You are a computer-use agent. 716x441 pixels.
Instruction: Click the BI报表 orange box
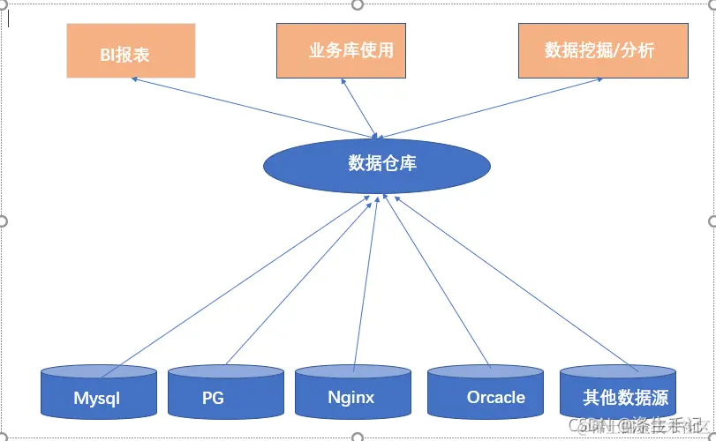[131, 51]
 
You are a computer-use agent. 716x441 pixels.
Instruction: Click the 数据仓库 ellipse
[377, 164]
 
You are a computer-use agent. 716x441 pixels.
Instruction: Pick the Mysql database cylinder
[99, 392]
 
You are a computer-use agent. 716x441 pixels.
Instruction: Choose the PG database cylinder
[225, 392]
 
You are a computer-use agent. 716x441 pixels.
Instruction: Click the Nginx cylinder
[351, 392]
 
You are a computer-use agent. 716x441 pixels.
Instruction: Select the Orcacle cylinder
[485, 392]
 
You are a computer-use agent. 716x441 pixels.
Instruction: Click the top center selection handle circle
[358, 4]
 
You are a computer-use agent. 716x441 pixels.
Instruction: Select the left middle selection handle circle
[4, 220]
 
